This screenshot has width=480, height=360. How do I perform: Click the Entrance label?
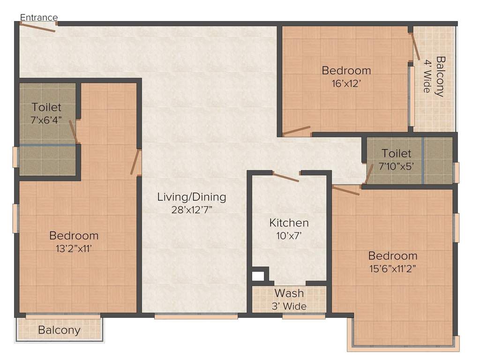pyautogui.click(x=39, y=18)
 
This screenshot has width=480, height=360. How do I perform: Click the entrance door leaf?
pyautogui.click(x=37, y=28)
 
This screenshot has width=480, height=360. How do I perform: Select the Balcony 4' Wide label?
pyautogui.click(x=434, y=76)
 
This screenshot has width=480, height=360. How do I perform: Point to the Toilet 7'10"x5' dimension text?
pyautogui.click(x=396, y=166)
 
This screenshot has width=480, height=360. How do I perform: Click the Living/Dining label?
pyautogui.click(x=191, y=197)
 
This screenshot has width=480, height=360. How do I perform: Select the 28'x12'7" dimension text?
pyautogui.click(x=192, y=210)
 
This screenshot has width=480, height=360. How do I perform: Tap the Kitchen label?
pyautogui.click(x=289, y=223)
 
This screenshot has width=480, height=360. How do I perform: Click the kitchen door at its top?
pyautogui.click(x=286, y=177)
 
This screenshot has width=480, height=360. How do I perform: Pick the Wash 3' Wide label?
pyautogui.click(x=289, y=299)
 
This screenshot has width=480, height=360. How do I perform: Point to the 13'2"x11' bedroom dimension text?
pyautogui.click(x=74, y=248)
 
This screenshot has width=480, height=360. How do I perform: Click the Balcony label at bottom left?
pyautogui.click(x=59, y=330)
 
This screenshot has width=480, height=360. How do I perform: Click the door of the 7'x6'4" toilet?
pyautogui.click(x=74, y=131)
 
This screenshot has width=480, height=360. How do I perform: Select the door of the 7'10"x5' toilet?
pyautogui.click(x=369, y=174)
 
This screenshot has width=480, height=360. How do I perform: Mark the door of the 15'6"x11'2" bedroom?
pyautogui.click(x=346, y=190)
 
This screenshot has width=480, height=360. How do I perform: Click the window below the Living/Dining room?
pyautogui.click(x=196, y=316)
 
